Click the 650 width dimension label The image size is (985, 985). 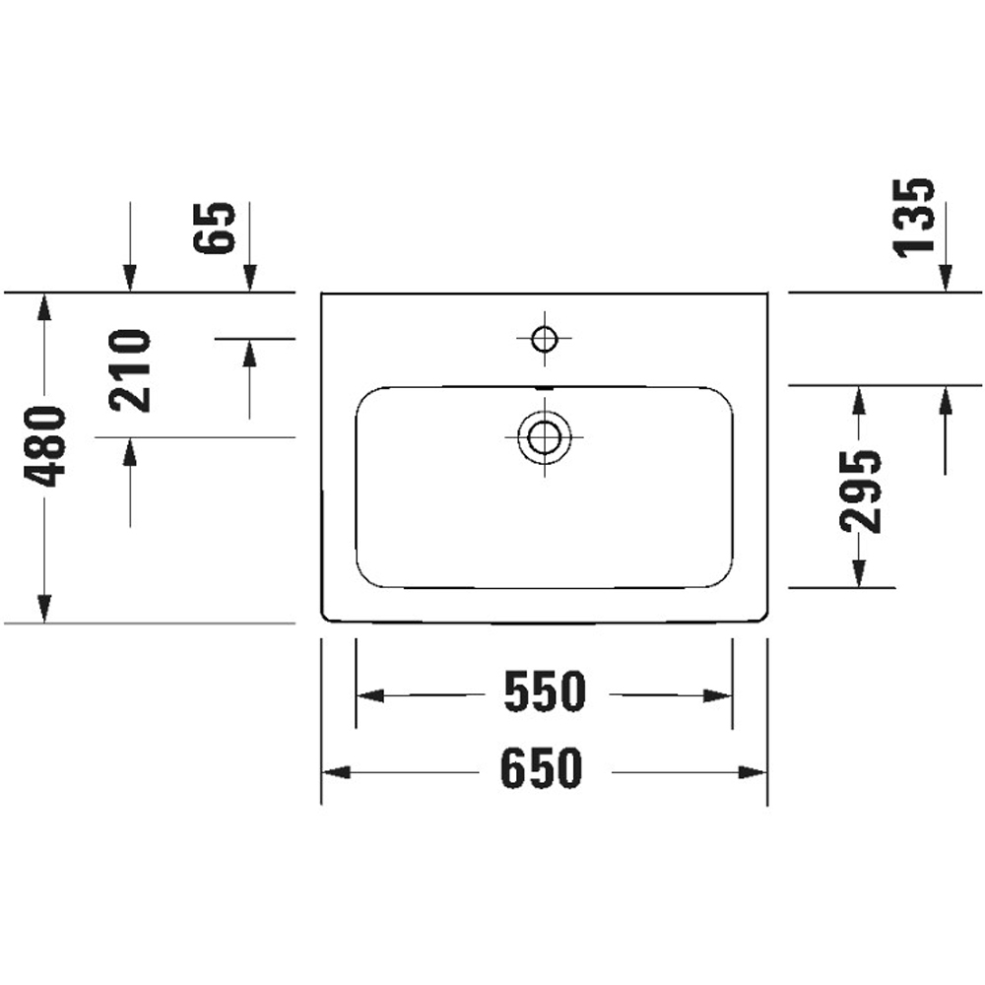point(543,769)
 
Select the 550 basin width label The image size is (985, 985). point(545,693)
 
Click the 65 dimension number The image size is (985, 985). point(216,228)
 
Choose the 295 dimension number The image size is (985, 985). point(861,491)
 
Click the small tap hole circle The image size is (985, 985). point(543,340)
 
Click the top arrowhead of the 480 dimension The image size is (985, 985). point(43,306)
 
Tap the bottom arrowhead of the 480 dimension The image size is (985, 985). point(43,609)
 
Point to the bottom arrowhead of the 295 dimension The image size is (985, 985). point(858,572)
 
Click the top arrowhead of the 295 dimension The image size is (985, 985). point(858,400)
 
